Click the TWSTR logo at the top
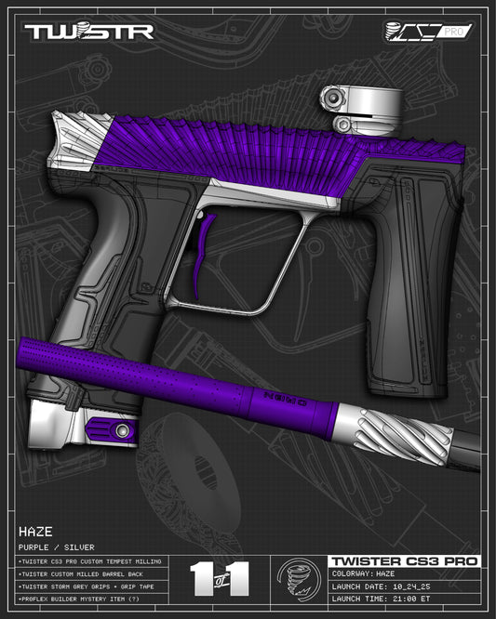(88, 32)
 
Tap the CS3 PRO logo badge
(429, 32)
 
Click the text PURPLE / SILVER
(57, 547)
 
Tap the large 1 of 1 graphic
(220, 578)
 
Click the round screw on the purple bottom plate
(122, 429)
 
